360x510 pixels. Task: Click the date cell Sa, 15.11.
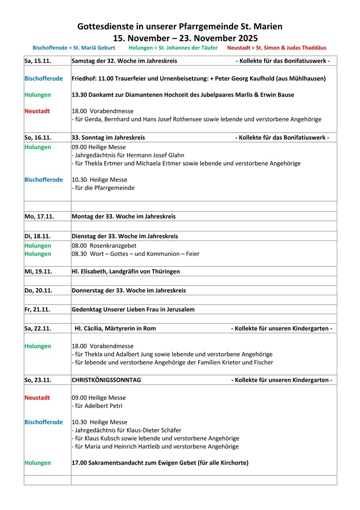pyautogui.click(x=38, y=61)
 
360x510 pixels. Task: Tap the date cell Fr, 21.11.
pyautogui.click(x=37, y=309)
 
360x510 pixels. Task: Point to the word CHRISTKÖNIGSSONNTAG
pyautogui.click(x=106, y=380)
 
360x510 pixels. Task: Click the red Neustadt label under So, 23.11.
pyautogui.click(x=37, y=398)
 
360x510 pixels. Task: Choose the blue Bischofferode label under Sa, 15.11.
pyautogui.click(x=43, y=78)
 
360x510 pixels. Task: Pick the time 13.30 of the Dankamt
pyautogui.click(x=79, y=95)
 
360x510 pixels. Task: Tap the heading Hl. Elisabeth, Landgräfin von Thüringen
pyautogui.click(x=126, y=272)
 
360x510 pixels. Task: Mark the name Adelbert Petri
pyautogui.click(x=104, y=406)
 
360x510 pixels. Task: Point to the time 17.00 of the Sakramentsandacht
pyautogui.click(x=79, y=463)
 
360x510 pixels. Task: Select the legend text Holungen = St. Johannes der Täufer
pyautogui.click(x=173, y=48)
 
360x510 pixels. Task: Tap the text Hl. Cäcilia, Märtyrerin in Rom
pyautogui.click(x=115, y=328)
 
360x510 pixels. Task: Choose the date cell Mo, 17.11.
pyautogui.click(x=39, y=216)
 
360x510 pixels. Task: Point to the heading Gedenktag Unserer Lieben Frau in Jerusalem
pyautogui.click(x=133, y=309)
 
